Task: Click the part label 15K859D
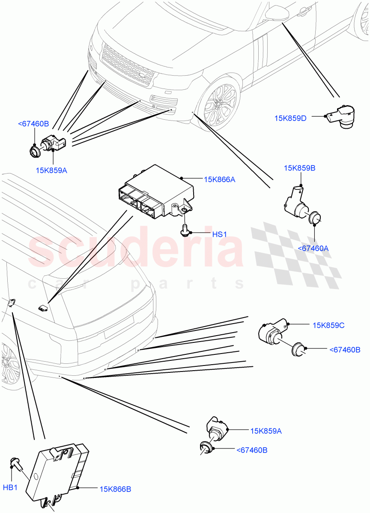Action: coord(290,118)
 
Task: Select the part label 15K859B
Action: coord(299,168)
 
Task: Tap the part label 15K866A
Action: coord(220,180)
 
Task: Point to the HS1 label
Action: coord(219,234)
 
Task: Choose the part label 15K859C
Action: coord(328,325)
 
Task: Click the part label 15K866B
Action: coord(115,489)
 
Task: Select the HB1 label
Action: coord(10,488)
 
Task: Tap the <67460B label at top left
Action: coord(33,124)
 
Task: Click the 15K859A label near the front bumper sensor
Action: coord(52,170)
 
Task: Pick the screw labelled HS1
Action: coord(185,230)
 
